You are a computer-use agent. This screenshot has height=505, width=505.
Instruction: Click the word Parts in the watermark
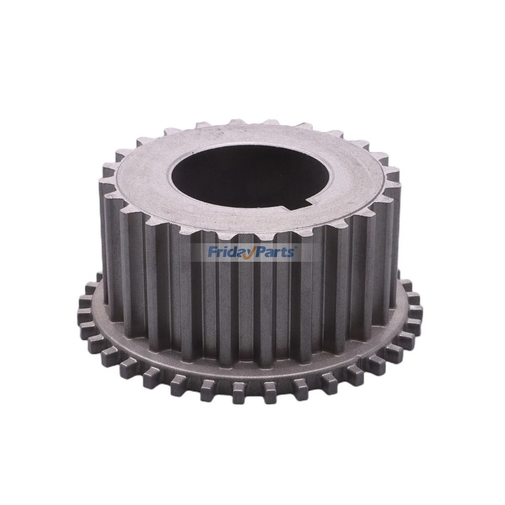(279, 252)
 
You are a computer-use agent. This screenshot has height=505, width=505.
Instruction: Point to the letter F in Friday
(211, 252)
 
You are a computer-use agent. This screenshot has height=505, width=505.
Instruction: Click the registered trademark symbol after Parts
(298, 248)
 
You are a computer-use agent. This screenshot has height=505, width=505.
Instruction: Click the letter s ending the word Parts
(294, 253)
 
